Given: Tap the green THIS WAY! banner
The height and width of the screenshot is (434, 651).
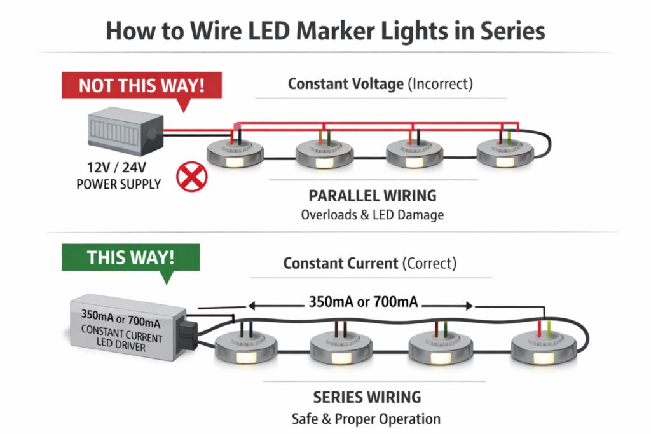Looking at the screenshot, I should tap(130, 257).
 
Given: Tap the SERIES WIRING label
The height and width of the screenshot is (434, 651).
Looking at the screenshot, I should tap(367, 397).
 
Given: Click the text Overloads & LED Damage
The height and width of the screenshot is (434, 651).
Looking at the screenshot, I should tap(373, 215).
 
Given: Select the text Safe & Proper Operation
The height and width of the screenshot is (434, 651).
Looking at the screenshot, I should tap(366, 419).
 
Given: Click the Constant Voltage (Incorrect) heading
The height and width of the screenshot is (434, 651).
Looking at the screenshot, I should tap(380, 83).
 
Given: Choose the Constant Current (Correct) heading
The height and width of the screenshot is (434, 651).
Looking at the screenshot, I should tap(370, 262).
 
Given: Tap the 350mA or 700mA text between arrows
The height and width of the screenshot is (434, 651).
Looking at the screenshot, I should tap(363, 302).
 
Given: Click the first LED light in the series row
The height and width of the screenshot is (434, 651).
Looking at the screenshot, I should tap(247, 350).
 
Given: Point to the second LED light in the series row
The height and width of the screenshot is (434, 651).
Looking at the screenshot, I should tap(342, 350).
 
